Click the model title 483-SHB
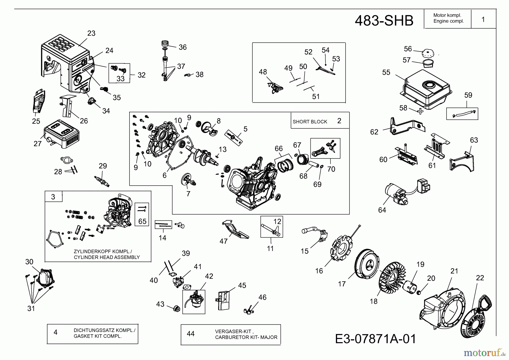pos(384,21)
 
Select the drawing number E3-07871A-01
pos(376,339)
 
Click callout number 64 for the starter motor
pos(382,210)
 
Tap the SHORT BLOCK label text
pos(310,122)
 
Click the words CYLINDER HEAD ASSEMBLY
pos(107,257)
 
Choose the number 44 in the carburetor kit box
pos(191,334)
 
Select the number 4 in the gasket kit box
pos(55,332)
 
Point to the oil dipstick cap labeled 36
pos(165,43)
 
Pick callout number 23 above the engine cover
pos(91,33)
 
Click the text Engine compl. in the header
pos(448,21)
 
